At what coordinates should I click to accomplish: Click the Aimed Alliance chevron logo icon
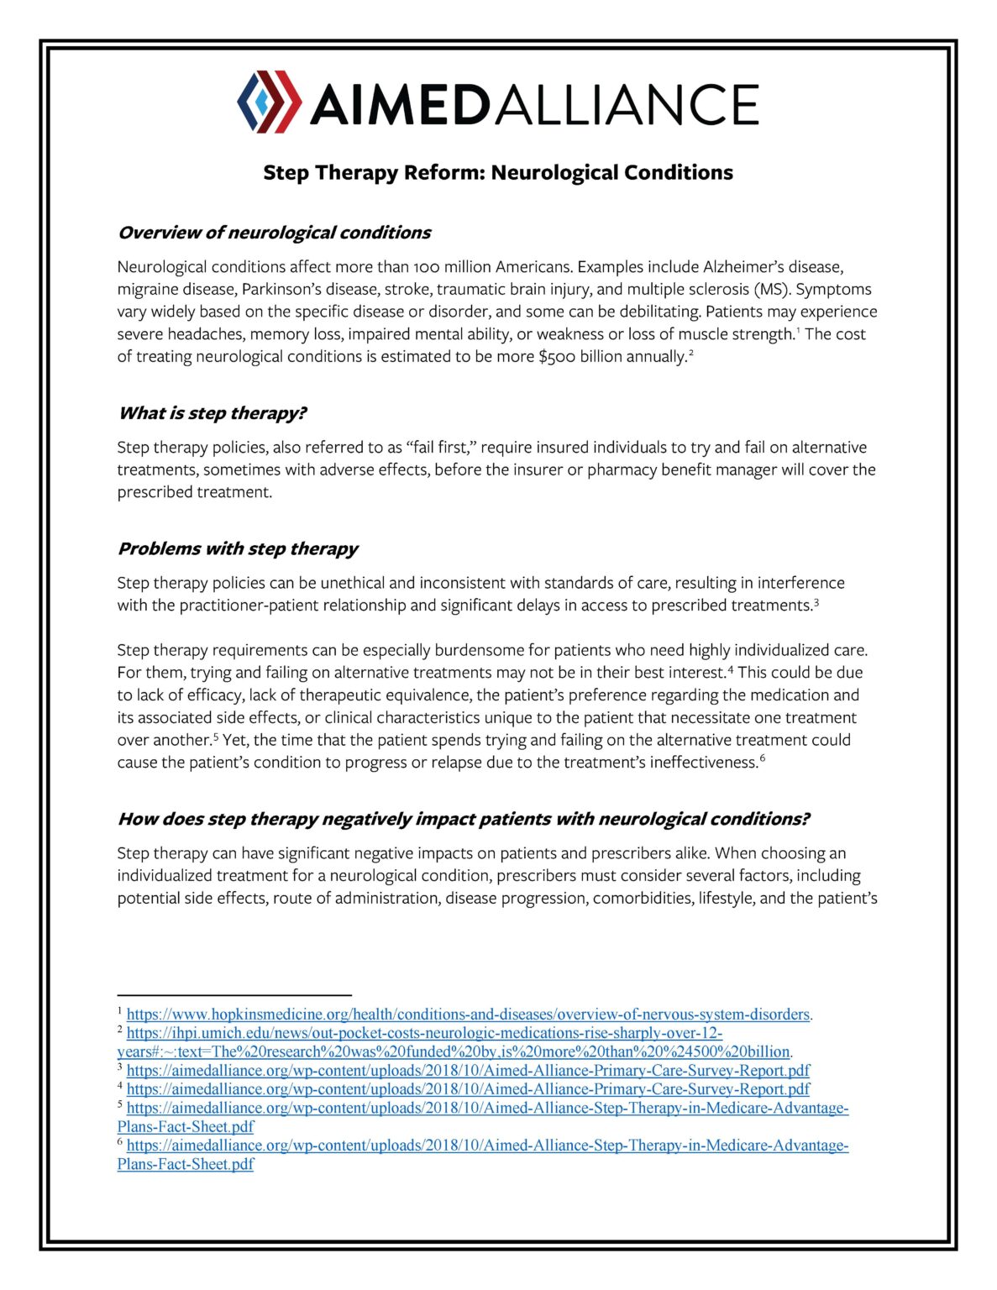(x=269, y=102)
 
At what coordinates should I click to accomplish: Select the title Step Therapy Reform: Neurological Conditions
(x=497, y=172)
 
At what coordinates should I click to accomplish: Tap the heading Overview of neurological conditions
(x=274, y=233)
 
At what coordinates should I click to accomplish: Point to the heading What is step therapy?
(x=212, y=413)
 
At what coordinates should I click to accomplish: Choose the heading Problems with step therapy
(x=238, y=548)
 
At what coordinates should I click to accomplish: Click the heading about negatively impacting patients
(x=463, y=819)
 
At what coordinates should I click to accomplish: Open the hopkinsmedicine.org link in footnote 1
(x=468, y=1015)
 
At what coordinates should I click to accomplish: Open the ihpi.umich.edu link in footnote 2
(x=424, y=1033)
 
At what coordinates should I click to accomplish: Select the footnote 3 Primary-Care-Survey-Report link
(x=468, y=1071)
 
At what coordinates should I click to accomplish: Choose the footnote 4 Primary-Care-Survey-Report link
(x=468, y=1089)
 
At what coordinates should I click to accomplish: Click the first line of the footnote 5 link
(x=487, y=1109)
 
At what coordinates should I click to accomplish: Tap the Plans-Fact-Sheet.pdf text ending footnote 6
(x=186, y=1165)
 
